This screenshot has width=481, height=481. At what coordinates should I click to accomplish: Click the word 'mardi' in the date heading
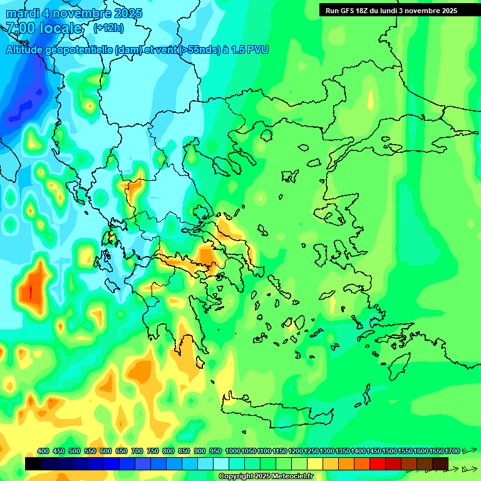(23, 13)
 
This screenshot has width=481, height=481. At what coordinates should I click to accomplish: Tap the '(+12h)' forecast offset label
(108, 28)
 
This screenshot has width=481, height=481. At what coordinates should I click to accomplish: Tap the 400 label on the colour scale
(43, 451)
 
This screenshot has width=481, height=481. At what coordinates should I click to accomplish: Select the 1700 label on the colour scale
(452, 451)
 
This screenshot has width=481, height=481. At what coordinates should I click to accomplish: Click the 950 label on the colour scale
(215, 451)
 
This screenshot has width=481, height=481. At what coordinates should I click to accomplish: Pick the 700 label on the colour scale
(137, 451)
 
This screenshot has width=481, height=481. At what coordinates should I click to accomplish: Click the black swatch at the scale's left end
(33, 463)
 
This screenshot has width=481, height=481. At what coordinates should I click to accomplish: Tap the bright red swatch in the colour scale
(378, 463)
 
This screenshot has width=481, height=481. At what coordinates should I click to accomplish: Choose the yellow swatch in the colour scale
(315, 463)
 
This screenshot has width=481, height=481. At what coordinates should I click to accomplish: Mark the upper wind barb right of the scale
(468, 450)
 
